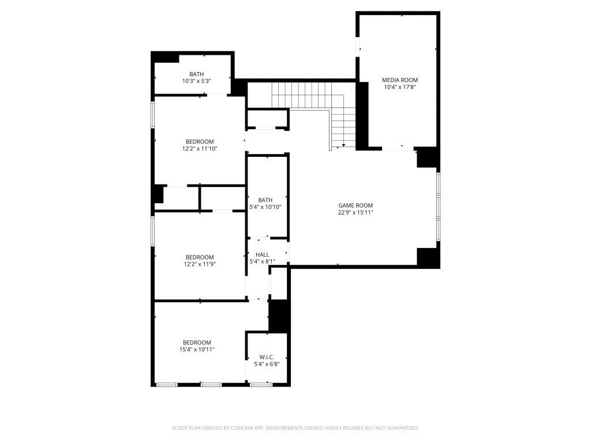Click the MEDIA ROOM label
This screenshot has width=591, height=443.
click(400, 80)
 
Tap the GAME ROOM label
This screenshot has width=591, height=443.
click(356, 205)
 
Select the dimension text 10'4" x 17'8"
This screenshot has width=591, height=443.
click(400, 87)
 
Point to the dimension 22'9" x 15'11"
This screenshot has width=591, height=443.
click(356, 212)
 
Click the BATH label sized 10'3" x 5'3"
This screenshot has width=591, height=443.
click(196, 74)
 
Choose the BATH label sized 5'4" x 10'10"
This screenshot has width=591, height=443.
click(265, 200)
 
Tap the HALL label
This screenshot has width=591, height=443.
click(263, 254)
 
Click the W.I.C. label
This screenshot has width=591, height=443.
click(266, 357)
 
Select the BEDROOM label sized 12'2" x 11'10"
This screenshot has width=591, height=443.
click(200, 142)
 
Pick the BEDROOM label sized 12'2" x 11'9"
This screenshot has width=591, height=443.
click(200, 257)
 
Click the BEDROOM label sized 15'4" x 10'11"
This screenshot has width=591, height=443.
click(197, 342)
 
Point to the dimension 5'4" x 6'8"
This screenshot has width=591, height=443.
click(266, 364)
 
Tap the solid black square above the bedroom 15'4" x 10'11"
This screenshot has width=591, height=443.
click(279, 316)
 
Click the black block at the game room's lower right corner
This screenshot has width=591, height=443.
click(428, 257)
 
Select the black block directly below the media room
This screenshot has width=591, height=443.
click(427, 157)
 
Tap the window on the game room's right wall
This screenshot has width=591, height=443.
click(438, 206)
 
